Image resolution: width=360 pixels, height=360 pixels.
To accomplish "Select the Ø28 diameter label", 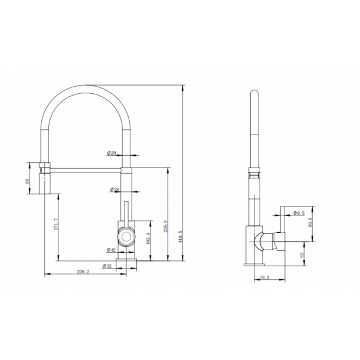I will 114,189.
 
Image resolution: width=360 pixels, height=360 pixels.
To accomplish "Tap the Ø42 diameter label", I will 111,250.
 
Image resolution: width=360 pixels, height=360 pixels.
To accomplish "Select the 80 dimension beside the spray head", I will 28,181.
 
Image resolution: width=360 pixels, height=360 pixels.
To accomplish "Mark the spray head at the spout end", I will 46,177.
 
